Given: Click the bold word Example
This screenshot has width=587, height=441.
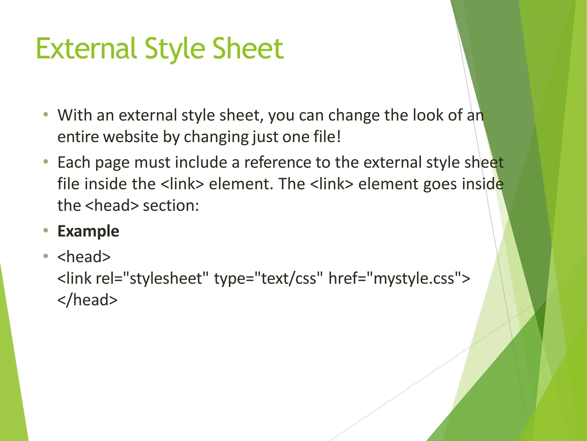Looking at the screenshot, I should click(x=88, y=231).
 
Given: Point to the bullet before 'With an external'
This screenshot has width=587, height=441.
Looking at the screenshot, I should click(x=46, y=115).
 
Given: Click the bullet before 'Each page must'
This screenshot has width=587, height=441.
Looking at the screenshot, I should click(x=46, y=162).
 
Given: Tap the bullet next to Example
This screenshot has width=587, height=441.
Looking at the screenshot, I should click(x=46, y=231).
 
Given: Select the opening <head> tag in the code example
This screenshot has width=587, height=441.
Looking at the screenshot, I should click(x=84, y=257).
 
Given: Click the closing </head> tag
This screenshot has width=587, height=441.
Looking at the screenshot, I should click(x=87, y=300).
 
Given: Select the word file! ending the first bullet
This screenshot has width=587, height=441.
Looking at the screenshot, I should click(x=327, y=137).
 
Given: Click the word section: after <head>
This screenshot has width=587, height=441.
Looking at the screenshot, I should click(x=171, y=206).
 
